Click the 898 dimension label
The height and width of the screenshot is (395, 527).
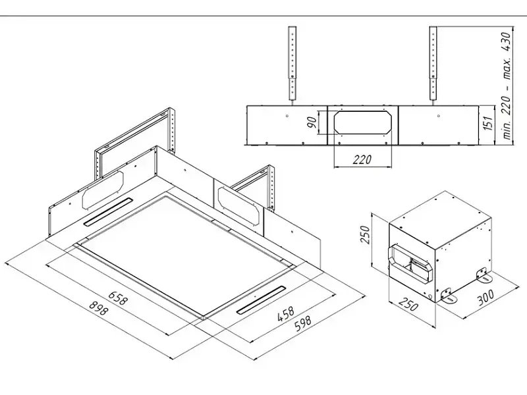(x=98, y=308)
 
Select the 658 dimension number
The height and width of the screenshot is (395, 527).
(x=119, y=298)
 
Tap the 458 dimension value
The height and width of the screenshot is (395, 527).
(x=285, y=313)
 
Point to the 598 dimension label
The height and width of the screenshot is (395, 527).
(x=302, y=323)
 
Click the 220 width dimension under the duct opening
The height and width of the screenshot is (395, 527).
(x=362, y=159)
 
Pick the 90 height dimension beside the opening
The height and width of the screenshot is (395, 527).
(x=312, y=122)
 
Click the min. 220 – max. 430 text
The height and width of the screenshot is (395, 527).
(x=506, y=86)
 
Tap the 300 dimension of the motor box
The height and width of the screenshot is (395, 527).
(x=485, y=298)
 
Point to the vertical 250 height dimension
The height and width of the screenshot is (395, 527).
(x=365, y=235)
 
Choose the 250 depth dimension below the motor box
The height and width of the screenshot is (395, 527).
(x=408, y=304)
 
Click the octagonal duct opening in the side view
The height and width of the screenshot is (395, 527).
(x=363, y=122)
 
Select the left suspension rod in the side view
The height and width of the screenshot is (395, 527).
(x=292, y=64)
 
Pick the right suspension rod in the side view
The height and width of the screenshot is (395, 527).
(x=433, y=64)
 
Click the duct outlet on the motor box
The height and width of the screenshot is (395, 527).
(x=409, y=262)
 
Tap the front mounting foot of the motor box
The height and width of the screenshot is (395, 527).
(x=449, y=296)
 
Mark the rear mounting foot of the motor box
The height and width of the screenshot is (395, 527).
(x=484, y=275)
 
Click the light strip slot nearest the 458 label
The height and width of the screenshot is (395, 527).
(x=261, y=300)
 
